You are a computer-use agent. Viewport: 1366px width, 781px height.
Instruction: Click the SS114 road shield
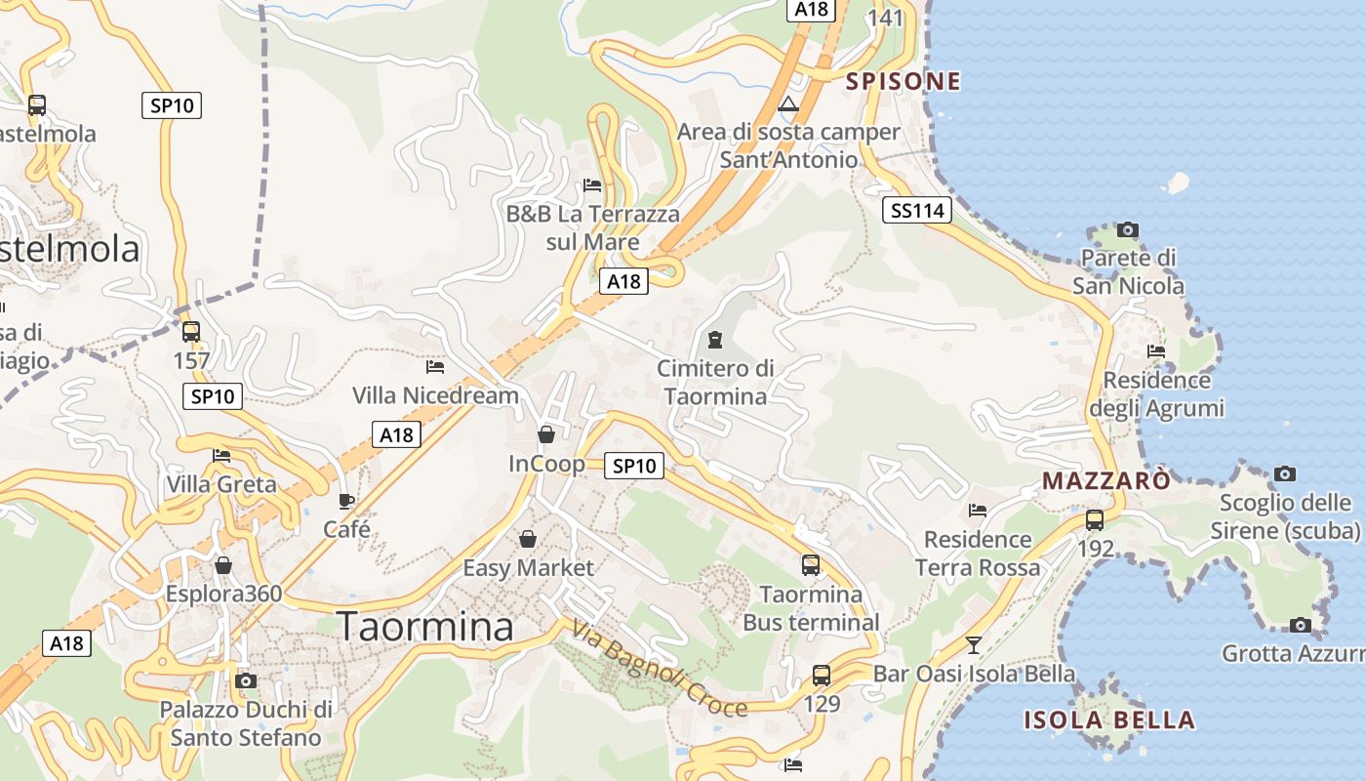[917, 209]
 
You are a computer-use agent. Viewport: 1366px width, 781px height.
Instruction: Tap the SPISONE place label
[903, 81]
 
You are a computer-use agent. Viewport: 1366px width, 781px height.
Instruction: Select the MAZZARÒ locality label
[1105, 480]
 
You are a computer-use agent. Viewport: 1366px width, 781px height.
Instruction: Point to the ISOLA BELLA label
[1108, 720]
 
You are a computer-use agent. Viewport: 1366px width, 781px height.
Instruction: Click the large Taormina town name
[424, 627]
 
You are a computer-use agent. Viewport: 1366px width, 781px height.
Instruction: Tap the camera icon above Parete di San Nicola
[1128, 230]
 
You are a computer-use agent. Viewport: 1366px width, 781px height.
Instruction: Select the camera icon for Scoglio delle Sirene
[1285, 474]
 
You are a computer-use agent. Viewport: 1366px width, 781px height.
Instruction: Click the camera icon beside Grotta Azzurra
[1300, 625]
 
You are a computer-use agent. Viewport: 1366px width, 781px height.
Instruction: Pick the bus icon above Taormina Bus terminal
[811, 564]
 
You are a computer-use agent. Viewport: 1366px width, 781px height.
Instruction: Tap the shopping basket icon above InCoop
[546, 433]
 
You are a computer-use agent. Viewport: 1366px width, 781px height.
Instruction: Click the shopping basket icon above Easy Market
[528, 539]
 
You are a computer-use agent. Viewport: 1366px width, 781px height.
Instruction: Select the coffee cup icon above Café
[346, 501]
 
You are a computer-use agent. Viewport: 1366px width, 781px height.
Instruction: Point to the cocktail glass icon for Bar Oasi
[973, 644]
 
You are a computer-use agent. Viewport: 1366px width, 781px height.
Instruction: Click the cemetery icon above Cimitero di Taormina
[715, 340]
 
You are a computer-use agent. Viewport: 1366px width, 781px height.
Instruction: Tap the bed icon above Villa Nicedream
[435, 367]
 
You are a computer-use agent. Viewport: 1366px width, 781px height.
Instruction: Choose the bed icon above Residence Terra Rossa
[978, 511]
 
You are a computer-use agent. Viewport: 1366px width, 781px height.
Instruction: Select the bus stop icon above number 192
[1095, 519]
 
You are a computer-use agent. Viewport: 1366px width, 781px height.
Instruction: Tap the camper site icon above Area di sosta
[788, 103]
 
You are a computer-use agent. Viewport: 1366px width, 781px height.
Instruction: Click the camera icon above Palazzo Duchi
[246, 680]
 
